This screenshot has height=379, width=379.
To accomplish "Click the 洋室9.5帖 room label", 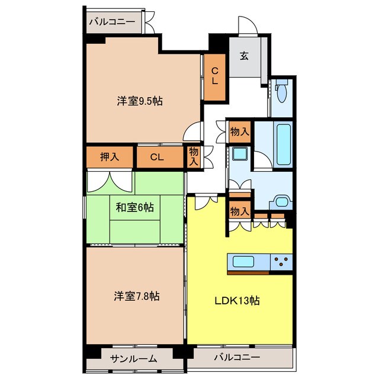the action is click(x=140, y=101).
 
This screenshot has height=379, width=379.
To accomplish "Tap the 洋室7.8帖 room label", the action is click(x=137, y=296).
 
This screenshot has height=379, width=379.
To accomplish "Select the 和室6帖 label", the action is click(x=134, y=207).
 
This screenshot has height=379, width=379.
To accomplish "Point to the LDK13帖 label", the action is click(x=237, y=300).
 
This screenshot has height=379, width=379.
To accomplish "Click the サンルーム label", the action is click(x=133, y=359).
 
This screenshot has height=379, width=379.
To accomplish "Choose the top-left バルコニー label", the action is click(x=113, y=22).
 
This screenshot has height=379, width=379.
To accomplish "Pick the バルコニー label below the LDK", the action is click(x=237, y=357).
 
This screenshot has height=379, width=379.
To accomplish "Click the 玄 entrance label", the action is click(x=244, y=56).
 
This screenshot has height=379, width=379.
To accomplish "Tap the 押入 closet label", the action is click(x=110, y=157).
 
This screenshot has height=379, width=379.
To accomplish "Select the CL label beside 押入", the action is click(x=157, y=158).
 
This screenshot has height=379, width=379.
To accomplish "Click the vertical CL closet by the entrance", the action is click(x=215, y=76).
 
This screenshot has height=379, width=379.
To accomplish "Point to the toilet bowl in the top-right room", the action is click(x=281, y=92).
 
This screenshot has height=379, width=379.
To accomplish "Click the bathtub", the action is click(x=283, y=144).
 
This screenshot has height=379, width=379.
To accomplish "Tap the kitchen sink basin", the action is click(x=243, y=262).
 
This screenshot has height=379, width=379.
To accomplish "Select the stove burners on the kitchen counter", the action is click(x=281, y=262).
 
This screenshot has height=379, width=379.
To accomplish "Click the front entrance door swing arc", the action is click(x=248, y=25).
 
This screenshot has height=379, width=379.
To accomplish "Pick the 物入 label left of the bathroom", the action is click(x=239, y=132).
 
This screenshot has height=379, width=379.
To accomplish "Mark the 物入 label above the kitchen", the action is click(x=239, y=211).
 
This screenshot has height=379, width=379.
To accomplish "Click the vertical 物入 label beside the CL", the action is click(x=194, y=156).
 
